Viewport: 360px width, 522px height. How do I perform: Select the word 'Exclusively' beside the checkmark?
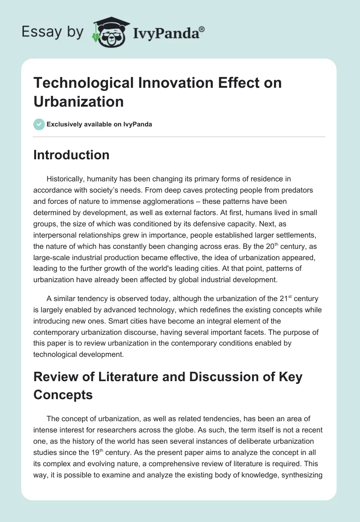[63, 124]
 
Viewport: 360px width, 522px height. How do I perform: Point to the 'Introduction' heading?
[72, 155]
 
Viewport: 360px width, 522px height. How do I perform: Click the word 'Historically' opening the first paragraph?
[68, 179]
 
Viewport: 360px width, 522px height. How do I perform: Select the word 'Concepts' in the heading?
[63, 395]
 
